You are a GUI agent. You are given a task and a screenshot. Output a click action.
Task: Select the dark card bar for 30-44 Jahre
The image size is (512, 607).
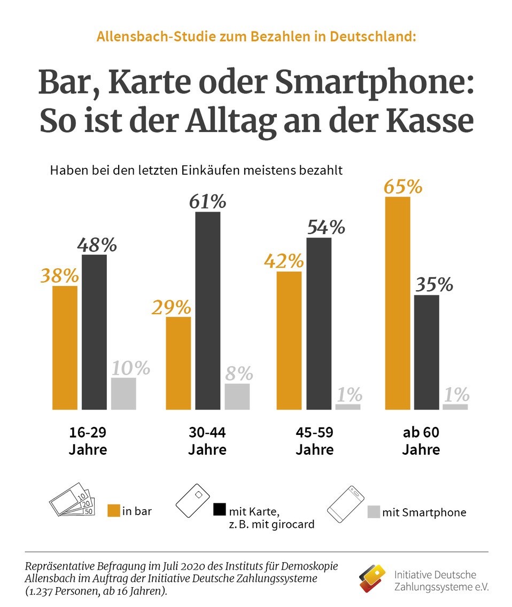tap(207, 310)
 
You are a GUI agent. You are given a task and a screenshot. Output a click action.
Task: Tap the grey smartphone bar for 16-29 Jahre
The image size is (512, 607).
tap(123, 393)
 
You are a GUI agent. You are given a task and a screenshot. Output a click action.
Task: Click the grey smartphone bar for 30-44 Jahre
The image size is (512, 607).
tap(237, 396)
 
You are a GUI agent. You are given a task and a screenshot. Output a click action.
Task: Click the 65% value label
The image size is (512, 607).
tap(402, 187)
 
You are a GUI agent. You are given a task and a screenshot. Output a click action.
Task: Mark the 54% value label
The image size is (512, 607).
tap(326, 227)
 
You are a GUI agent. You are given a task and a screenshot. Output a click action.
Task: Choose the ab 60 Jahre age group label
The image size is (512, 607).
tap(421, 440)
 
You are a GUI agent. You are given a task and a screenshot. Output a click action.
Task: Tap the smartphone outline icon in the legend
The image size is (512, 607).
tap(346, 503)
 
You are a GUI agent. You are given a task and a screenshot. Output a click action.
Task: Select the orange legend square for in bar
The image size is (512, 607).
tap(113, 510)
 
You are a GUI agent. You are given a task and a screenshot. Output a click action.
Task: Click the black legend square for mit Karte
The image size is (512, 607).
tap(219, 510)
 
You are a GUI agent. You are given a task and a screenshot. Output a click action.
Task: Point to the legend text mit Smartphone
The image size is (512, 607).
tap(424, 512)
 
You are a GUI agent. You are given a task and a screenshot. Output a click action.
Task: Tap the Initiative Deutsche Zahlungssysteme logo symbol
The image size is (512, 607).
tap(372, 577)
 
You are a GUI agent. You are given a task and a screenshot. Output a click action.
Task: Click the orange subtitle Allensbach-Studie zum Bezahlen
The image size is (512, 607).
tap(256, 37)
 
